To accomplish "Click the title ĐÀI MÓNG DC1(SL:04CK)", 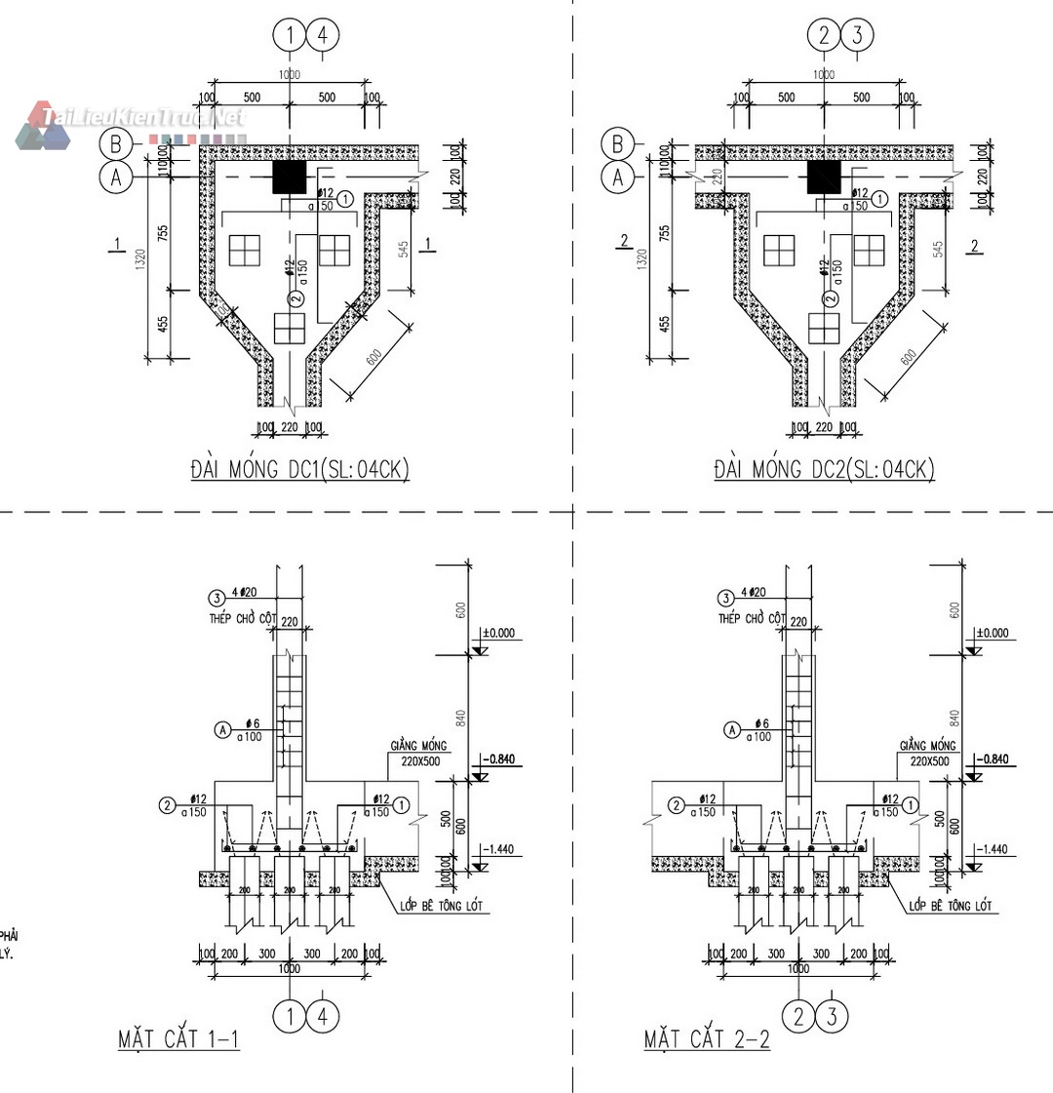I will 299,470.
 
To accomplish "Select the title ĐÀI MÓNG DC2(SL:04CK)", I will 824,470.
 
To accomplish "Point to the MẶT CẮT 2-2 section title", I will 707,1039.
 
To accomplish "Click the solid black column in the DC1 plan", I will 289,177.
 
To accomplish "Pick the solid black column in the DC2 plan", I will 824,177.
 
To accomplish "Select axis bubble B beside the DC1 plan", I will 116,144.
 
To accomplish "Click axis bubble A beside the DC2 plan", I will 617,177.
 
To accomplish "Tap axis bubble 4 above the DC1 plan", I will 323,37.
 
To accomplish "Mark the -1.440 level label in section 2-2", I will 995,849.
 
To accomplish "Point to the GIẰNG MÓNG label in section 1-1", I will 418,746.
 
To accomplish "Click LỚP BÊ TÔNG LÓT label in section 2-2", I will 951,907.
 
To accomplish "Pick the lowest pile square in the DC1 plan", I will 291,329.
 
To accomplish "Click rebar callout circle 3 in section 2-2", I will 724,599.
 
